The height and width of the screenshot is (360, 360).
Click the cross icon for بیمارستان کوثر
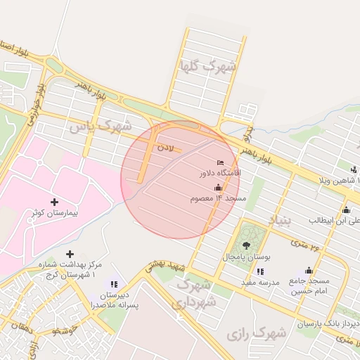click(x=54, y=202)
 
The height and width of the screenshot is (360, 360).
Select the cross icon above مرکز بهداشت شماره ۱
click(x=70, y=254)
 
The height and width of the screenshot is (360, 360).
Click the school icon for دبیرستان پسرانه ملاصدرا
click(x=114, y=284)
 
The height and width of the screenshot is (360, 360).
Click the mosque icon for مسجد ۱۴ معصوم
click(x=218, y=188)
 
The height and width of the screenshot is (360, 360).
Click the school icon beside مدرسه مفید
click(x=260, y=271)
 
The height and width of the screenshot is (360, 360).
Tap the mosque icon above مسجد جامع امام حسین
click(x=309, y=271)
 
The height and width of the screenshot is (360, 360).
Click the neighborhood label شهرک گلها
click(x=207, y=67)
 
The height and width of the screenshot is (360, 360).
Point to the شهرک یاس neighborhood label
click(x=101, y=127)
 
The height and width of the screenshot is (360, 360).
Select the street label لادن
click(x=165, y=148)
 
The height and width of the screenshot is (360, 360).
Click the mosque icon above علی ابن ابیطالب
click(x=346, y=210)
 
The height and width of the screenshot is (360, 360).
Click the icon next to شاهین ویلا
click(x=353, y=169)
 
